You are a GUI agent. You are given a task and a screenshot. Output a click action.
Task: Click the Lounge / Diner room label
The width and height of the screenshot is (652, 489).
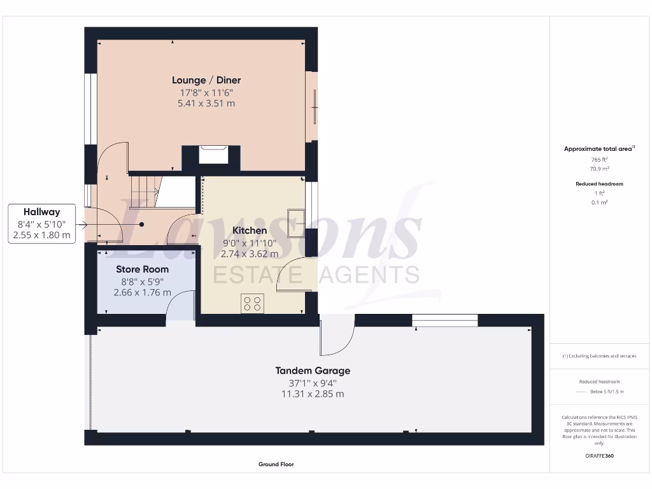pos(206,80)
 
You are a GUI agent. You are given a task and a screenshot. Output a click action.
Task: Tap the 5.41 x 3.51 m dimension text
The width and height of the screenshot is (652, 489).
pos(206,103)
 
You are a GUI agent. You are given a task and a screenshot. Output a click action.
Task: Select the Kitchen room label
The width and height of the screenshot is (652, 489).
pos(250,230)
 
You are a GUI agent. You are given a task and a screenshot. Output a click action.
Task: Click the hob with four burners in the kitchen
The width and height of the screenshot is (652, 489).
pos(252,303)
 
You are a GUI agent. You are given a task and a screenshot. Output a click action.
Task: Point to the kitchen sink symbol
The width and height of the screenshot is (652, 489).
pos(295,223)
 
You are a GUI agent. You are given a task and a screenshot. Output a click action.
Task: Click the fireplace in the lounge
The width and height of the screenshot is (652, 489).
pos(213,155)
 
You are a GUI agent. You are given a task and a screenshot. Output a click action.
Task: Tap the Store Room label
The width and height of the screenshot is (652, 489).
pos(142,269)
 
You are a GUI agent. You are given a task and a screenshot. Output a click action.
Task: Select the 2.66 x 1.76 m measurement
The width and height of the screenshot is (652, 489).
pos(142,292)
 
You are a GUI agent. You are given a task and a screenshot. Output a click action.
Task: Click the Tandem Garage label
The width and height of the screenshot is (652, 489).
pos(312,371)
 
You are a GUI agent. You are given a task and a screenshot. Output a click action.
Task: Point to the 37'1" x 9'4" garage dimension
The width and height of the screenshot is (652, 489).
pos(312,383)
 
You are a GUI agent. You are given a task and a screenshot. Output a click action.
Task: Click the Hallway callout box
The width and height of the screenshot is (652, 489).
pos(42,223)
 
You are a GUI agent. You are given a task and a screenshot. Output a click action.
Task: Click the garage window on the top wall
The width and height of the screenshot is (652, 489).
pos(444,320)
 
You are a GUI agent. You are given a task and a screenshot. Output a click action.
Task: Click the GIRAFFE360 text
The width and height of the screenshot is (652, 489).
pos(599,456)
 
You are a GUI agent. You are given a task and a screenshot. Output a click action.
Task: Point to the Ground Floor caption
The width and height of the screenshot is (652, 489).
pos(276,465)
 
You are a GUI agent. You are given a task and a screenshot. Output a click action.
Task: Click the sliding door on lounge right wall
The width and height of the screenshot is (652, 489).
pos(313,107)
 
